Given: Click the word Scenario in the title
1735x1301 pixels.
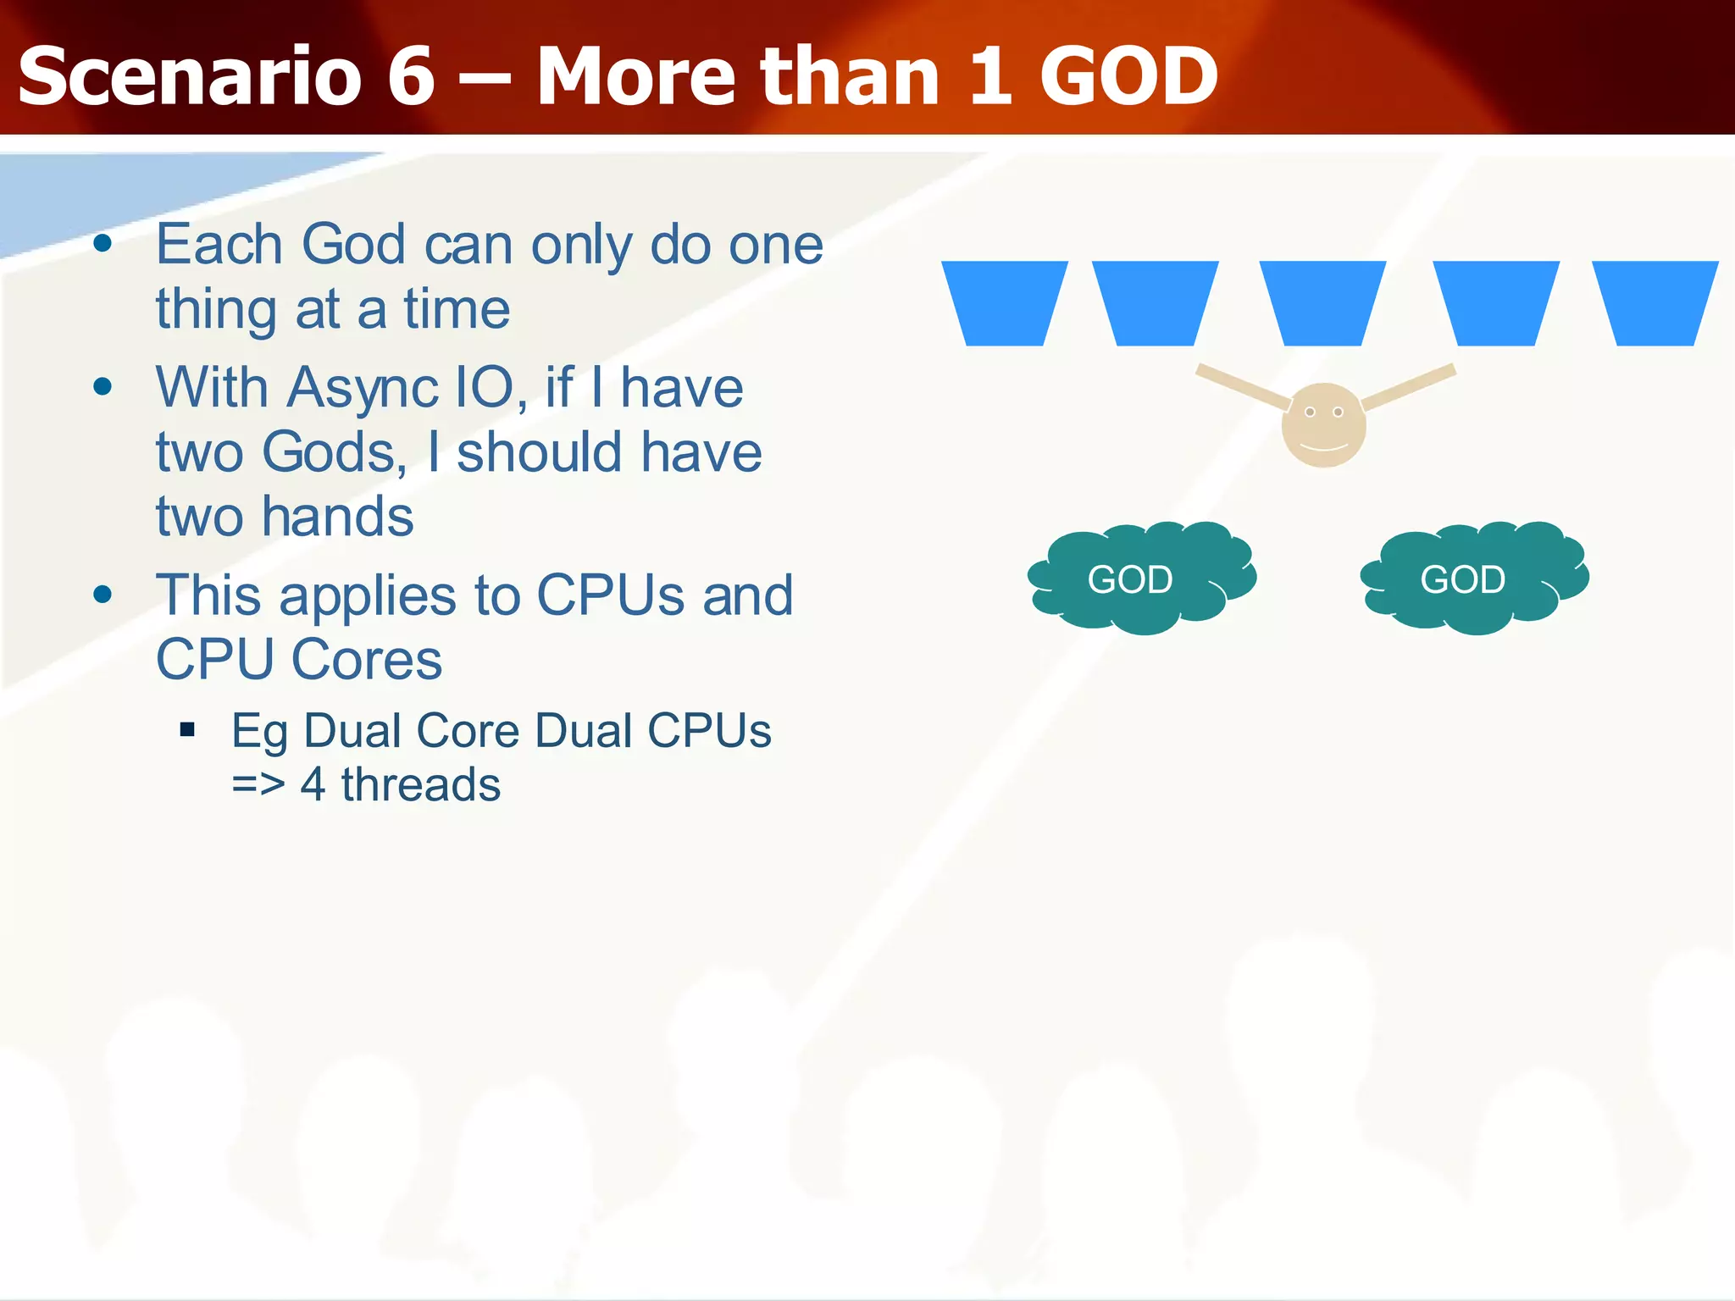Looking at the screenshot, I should (190, 77).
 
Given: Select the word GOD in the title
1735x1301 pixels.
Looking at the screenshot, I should (1128, 77).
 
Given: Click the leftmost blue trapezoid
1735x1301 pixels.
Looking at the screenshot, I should (1004, 302).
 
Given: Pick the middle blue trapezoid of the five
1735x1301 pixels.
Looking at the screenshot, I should (1322, 302).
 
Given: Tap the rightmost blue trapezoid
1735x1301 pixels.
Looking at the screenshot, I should (1655, 302).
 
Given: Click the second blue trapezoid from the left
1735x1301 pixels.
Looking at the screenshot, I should (1155, 302).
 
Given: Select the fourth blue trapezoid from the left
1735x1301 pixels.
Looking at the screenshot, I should (1495, 302).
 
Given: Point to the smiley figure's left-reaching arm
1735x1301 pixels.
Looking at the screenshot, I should (1242, 386).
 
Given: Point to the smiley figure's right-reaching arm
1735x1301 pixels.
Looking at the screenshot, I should (1410, 385).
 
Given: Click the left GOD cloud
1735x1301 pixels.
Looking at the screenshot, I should (1139, 579).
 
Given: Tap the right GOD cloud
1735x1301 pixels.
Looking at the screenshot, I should (1472, 579).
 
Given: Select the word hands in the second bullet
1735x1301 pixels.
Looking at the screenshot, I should (337, 517).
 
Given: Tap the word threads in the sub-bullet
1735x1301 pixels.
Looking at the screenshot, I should (420, 784).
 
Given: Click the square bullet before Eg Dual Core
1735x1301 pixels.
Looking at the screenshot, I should (188, 729).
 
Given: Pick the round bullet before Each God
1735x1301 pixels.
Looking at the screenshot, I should (103, 245).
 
